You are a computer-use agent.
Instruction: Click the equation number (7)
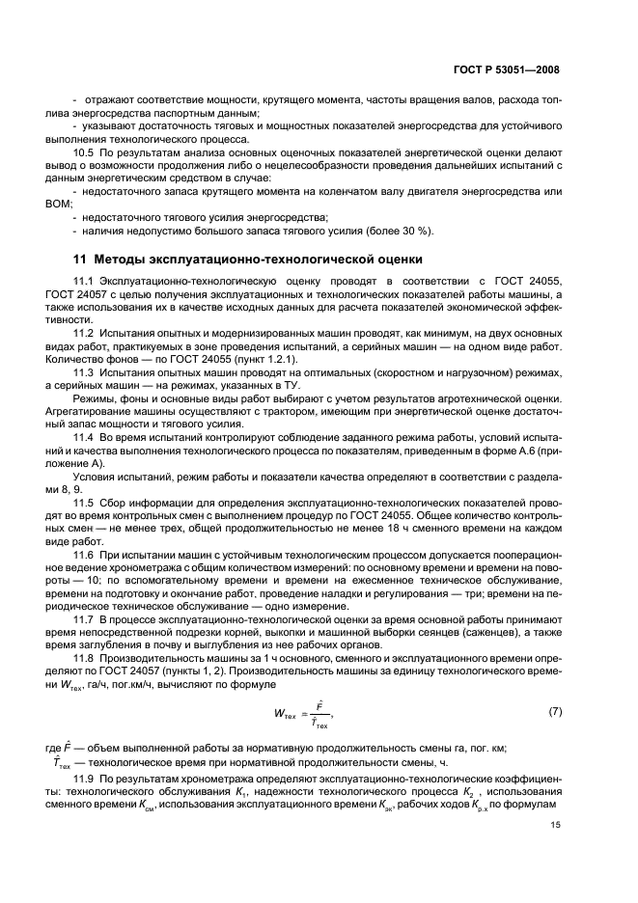tap(554, 712)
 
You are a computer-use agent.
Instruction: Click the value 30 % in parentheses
tap(416, 231)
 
